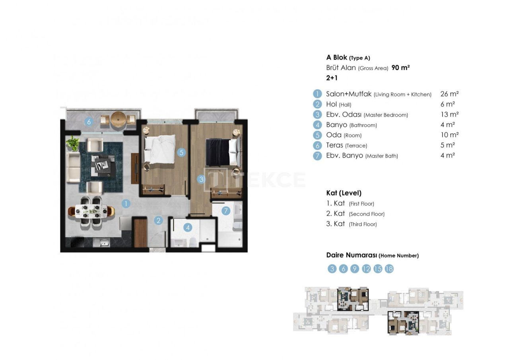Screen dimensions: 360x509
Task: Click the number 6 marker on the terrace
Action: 89,122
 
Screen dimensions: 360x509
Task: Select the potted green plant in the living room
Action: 72,143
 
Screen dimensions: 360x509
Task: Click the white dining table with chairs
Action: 91,211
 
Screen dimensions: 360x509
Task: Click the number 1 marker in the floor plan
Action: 126,204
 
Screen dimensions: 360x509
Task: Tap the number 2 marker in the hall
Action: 158,220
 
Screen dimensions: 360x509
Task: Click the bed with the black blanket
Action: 223,152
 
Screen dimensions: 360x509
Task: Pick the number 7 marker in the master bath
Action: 225,211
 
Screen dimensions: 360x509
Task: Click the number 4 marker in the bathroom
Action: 188,228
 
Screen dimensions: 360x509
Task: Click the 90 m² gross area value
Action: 400,68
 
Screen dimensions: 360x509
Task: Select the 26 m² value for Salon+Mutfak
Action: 449,94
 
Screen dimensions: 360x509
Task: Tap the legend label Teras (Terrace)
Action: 346,145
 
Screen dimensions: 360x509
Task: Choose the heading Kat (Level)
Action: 344,193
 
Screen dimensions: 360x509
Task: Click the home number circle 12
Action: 366,269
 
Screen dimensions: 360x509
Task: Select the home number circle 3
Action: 332,269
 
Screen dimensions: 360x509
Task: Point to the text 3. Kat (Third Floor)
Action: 351,224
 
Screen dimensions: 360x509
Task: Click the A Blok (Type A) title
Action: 348,58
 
